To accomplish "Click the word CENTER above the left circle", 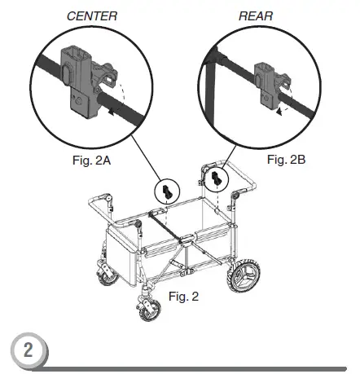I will pyautogui.click(x=92, y=15).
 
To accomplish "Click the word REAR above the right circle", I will pyautogui.click(x=257, y=15).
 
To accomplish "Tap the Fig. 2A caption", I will pyautogui.click(x=90, y=161).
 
